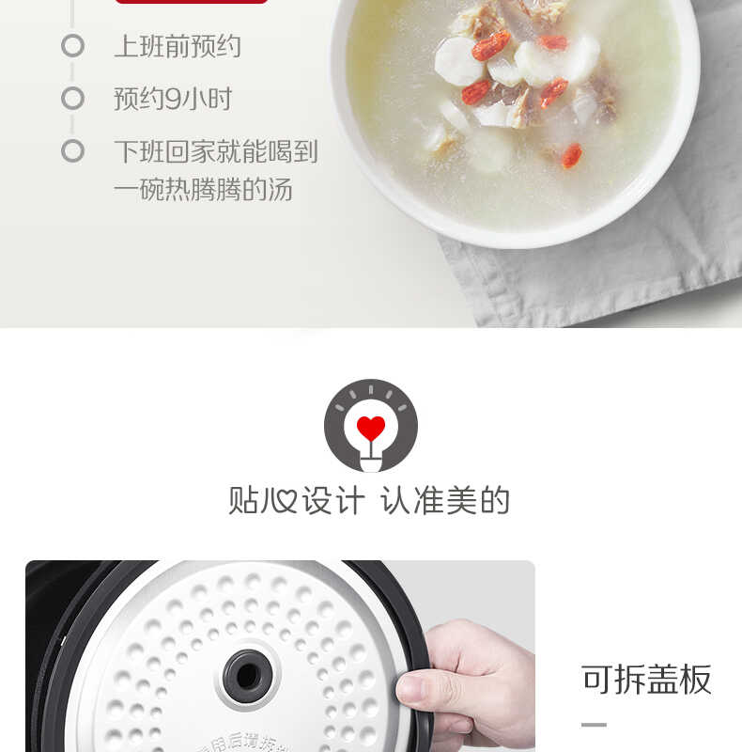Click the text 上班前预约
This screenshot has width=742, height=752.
178,46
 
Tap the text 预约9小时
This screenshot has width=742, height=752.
173,99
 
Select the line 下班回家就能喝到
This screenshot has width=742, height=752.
216,151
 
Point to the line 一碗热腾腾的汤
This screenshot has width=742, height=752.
203,190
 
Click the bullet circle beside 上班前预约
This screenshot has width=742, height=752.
72,45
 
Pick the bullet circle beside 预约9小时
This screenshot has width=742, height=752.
72,98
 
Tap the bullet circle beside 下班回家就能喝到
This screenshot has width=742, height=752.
72,150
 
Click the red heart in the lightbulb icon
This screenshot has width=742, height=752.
371,428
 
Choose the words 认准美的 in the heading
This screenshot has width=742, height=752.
444,499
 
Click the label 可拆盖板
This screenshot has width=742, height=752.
646,679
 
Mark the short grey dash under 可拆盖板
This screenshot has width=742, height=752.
594,725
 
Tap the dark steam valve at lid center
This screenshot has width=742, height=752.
247,674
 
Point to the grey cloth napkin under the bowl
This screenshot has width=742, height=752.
601,282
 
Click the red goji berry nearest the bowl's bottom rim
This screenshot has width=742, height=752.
571,155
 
